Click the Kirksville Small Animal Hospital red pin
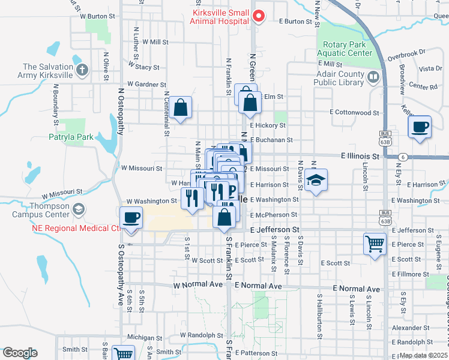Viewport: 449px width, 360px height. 259,16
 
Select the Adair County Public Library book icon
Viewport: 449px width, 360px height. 373,77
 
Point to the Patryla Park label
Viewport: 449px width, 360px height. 72,137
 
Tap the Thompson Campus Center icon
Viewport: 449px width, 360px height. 78,209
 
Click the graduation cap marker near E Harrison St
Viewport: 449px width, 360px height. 315,181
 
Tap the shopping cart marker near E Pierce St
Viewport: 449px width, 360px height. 375,244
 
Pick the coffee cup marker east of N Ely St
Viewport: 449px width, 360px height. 420,127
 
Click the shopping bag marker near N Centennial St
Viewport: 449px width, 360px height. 181,108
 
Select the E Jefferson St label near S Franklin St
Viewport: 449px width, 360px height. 274,230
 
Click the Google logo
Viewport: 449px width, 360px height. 19,353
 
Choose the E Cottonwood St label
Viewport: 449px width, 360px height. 355,112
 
